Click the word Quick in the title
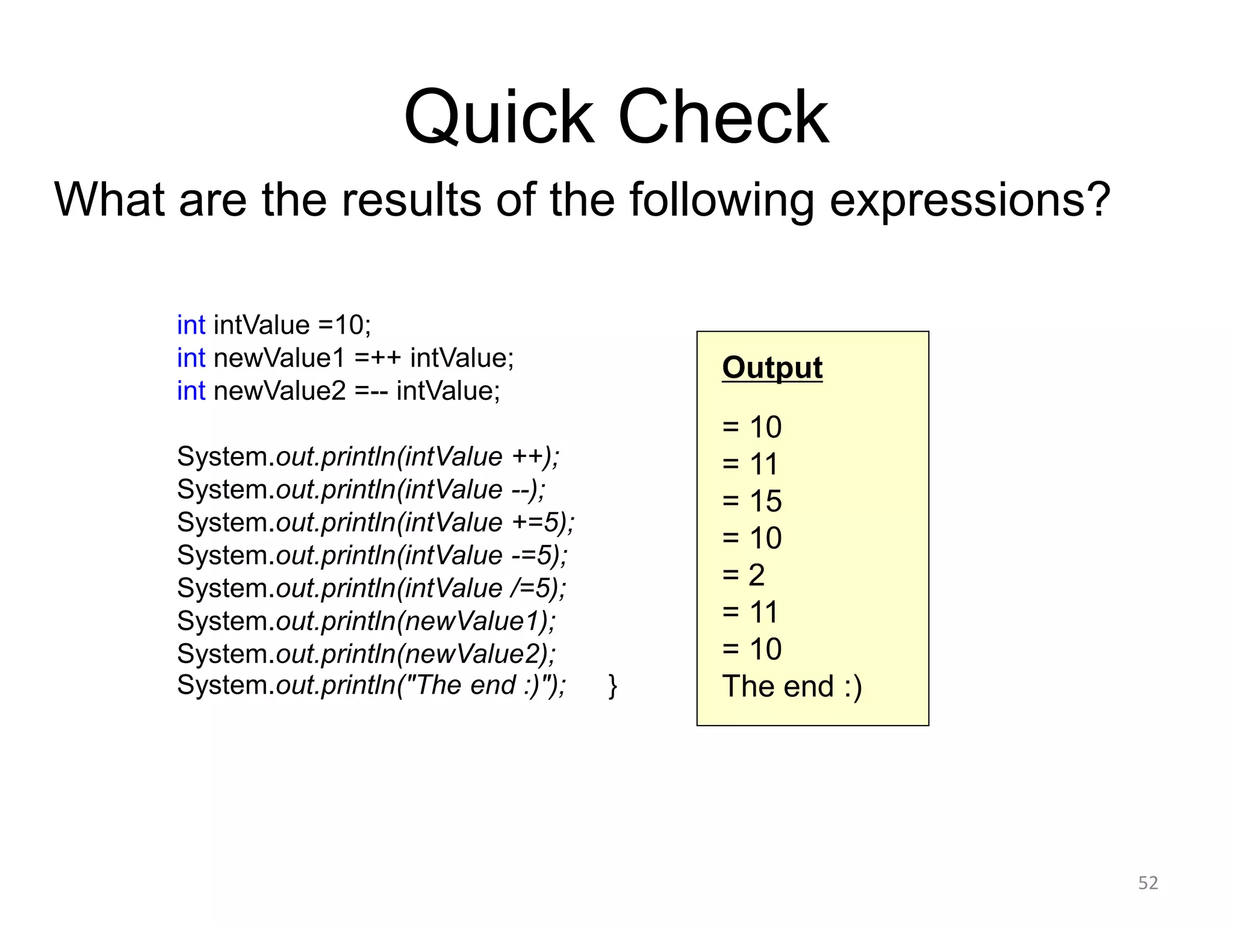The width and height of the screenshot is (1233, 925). pos(498,117)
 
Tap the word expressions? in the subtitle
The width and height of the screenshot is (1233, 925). pos(969,201)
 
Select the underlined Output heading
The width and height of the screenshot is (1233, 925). pos(772,367)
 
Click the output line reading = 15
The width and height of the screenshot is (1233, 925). pos(752,501)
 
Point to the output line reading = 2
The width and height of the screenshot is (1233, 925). pos(744,575)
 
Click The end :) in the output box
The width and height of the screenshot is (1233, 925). pos(792,687)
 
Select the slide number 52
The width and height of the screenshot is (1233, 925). pos(1148,883)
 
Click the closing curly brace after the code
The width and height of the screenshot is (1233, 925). pos(612,686)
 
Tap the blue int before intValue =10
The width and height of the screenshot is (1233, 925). pos(191,325)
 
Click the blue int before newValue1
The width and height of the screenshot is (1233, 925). pos(191,358)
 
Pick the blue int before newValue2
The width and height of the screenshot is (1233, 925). pos(191,391)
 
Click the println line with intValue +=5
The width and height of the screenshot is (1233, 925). pos(376,522)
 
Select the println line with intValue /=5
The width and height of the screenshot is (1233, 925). pos(371,588)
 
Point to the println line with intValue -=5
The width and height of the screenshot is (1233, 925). pos(372,555)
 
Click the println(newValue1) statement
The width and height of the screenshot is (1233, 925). pos(366,621)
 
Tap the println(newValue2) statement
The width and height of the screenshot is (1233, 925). pos(366,654)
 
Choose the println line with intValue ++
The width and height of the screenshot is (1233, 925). pos(368,456)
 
